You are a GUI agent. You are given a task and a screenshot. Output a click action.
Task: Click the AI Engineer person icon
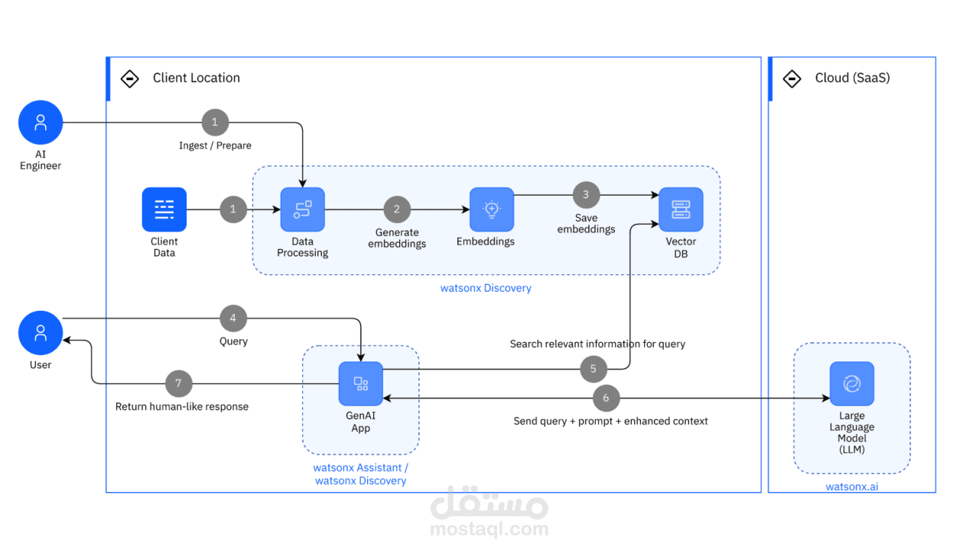pyautogui.click(x=41, y=122)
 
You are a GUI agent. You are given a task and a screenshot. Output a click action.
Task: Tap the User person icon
pyautogui.click(x=41, y=333)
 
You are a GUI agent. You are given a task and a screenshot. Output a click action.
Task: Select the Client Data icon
pyautogui.click(x=164, y=209)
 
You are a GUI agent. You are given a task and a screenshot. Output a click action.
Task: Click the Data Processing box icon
pyautogui.click(x=302, y=209)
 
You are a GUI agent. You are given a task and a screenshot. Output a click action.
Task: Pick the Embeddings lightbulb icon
pyautogui.click(x=491, y=209)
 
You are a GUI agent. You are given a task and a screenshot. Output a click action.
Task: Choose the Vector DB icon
pyautogui.click(x=681, y=209)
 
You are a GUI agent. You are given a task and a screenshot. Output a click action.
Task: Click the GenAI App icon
pyautogui.click(x=361, y=383)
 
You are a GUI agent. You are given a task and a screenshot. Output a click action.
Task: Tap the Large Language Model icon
pyautogui.click(x=851, y=383)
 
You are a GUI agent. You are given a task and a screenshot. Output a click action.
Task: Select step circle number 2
pyautogui.click(x=397, y=209)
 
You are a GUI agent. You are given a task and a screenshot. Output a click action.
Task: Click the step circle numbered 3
pyautogui.click(x=586, y=195)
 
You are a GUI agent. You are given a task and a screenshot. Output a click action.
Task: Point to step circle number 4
pyautogui.click(x=233, y=319)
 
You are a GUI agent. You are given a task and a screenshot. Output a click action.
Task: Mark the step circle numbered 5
pyautogui.click(x=594, y=370)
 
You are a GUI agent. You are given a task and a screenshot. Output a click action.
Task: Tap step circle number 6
pyautogui.click(x=607, y=398)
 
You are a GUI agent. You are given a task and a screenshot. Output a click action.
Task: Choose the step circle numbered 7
pyautogui.click(x=179, y=383)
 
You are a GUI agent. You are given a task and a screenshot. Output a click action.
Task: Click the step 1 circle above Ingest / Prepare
pyautogui.click(x=215, y=122)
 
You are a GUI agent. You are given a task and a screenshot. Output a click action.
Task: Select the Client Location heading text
pyautogui.click(x=196, y=78)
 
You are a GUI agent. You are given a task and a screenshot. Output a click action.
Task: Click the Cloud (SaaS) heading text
pyautogui.click(x=852, y=78)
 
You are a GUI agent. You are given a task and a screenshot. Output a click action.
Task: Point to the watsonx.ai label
pyautogui.click(x=851, y=487)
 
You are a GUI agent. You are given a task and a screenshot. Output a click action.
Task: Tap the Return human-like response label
pyautogui.click(x=182, y=407)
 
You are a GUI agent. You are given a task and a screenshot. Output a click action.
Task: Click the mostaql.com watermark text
pyautogui.click(x=489, y=529)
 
